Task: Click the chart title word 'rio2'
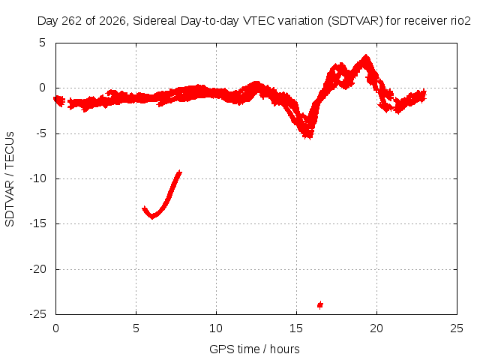point(460,21)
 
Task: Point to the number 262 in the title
point(72,21)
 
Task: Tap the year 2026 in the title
point(112,21)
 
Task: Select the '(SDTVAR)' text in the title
point(355,21)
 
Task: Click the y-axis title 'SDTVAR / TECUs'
point(10,179)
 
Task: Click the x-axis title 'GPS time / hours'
point(254,349)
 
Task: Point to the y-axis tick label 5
point(42,43)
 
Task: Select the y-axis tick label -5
point(40,133)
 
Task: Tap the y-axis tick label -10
point(38,178)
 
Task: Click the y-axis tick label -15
point(38,223)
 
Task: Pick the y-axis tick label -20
point(38,269)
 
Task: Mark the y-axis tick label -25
point(38,314)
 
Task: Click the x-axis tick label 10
point(216,328)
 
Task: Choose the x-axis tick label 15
point(296,328)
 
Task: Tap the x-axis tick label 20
point(376,328)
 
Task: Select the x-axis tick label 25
point(457,328)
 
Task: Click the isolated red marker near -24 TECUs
point(320,305)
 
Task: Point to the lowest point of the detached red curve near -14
point(152,217)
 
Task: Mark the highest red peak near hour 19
point(365,56)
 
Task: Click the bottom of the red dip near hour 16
point(308,137)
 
